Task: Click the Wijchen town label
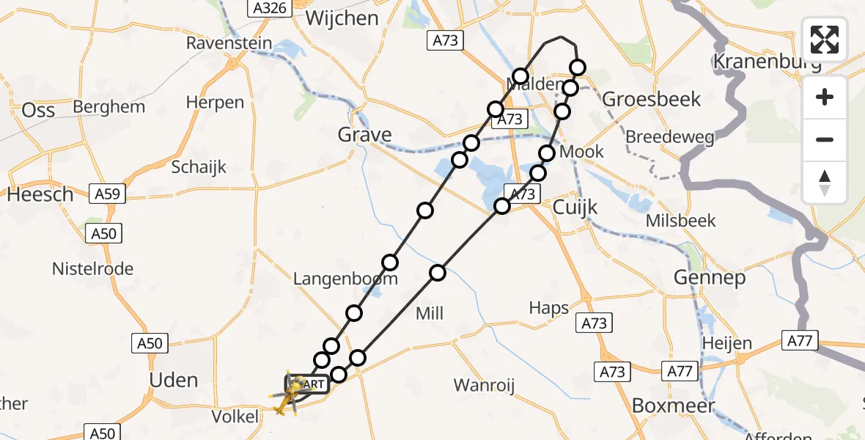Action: (x=342, y=18)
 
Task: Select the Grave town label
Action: (x=364, y=135)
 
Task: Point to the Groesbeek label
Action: (x=652, y=99)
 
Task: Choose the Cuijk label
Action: (x=575, y=208)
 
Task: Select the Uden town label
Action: (x=173, y=380)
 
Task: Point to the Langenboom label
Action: (x=345, y=279)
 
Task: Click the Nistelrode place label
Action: (x=93, y=269)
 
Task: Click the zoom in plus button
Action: (x=825, y=97)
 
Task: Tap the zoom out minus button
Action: (x=825, y=139)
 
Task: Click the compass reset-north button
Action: (x=825, y=182)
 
